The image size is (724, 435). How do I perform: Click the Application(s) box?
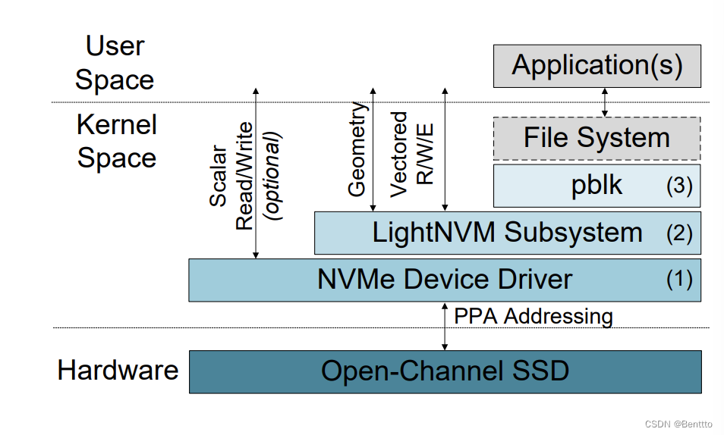click(597, 66)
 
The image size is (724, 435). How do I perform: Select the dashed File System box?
click(597, 138)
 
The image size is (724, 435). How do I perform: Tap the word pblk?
click(597, 186)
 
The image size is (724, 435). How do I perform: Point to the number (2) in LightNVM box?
click(679, 233)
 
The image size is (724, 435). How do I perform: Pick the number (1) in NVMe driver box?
click(679, 280)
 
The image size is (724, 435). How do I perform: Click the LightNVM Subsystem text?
click(507, 233)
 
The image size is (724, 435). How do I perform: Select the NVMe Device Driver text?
click(444, 280)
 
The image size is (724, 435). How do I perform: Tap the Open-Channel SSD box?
click(444, 371)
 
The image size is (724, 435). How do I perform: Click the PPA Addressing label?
click(533, 316)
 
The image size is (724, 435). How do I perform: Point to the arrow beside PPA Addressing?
click(445, 326)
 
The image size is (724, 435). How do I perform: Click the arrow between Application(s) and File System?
click(605, 102)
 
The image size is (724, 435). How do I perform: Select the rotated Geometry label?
click(357, 149)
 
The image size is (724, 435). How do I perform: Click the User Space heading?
click(115, 63)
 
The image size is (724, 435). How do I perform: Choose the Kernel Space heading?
click(117, 141)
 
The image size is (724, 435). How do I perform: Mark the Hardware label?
click(118, 371)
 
